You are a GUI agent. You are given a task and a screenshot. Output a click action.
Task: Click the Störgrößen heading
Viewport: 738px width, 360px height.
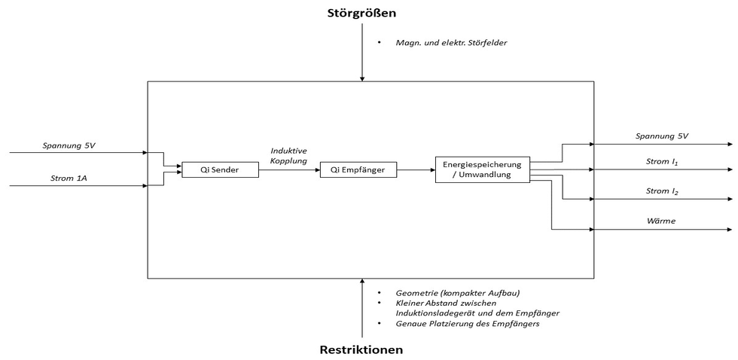361,13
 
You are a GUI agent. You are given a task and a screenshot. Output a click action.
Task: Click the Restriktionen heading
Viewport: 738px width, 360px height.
361,349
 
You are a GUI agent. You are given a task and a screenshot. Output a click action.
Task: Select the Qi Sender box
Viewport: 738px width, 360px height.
220,170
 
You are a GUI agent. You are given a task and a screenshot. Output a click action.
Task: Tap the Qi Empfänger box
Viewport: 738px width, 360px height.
358,170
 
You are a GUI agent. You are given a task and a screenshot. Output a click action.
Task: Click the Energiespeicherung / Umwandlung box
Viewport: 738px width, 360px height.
483,169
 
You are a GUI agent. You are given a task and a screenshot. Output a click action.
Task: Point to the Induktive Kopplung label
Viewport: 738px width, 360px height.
288,156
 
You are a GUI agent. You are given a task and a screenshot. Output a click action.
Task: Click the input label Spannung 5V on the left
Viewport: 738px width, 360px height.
69,145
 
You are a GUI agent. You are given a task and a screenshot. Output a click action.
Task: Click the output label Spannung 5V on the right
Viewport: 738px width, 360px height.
662,136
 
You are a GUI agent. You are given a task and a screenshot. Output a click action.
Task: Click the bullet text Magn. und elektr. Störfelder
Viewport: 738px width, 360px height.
451,43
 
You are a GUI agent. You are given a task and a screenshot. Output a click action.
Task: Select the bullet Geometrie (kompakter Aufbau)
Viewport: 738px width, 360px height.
457,292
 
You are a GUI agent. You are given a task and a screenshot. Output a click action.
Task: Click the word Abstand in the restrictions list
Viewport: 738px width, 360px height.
436,302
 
